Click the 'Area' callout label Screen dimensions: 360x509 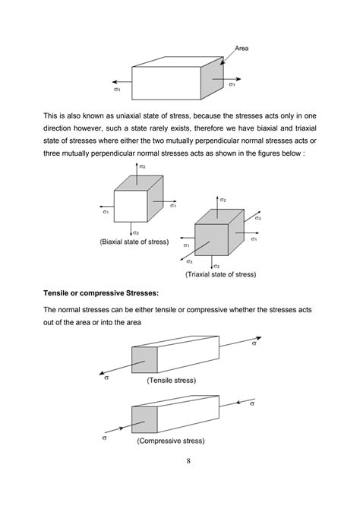click(242, 49)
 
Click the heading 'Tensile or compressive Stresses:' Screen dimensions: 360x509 click(101, 293)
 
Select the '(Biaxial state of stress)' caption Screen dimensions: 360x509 click(134, 242)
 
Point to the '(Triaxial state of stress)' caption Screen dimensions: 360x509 click(221, 274)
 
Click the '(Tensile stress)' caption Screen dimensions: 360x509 click(172, 380)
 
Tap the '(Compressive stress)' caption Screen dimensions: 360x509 click(171, 441)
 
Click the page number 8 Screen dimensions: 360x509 click(188, 460)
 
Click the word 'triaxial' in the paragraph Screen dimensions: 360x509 click(306, 128)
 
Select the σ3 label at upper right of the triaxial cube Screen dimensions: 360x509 click(257, 218)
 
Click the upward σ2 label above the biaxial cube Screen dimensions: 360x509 click(142, 166)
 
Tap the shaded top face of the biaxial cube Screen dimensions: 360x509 click(139, 183)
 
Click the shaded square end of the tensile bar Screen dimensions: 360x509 click(144, 359)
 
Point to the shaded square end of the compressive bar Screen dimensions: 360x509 click(144, 419)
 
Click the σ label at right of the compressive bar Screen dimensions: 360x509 click(252, 403)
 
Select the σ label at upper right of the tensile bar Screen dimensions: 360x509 click(254, 343)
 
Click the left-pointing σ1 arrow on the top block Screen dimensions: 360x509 click(122, 82)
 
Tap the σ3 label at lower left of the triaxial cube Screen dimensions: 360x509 click(189, 261)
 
